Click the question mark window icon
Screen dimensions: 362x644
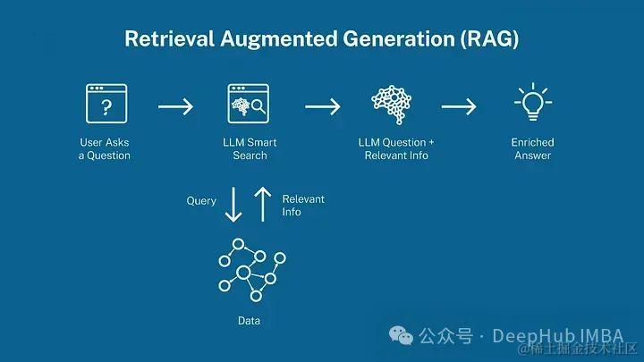pyautogui.click(x=106, y=105)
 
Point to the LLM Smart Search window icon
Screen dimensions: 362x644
pyautogui.click(x=249, y=105)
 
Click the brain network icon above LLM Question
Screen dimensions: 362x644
pyautogui.click(x=395, y=105)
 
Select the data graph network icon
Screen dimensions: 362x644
pyautogui.click(x=251, y=270)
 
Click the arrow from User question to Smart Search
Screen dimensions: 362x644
pyautogui.click(x=175, y=107)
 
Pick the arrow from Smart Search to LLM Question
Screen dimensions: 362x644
pyautogui.click(x=322, y=107)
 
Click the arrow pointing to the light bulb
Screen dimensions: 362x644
pyautogui.click(x=459, y=107)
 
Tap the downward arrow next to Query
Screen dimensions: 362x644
pyautogui.click(x=233, y=204)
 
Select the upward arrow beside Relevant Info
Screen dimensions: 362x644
pyautogui.click(x=262, y=204)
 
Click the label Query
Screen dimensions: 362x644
pyautogui.click(x=201, y=201)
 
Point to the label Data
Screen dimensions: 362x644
pyautogui.click(x=250, y=320)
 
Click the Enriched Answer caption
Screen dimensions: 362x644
pyautogui.click(x=532, y=148)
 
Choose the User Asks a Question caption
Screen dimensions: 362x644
pyautogui.click(x=104, y=148)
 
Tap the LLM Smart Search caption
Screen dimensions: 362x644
pyautogui.click(x=250, y=148)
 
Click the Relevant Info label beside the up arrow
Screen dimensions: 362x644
pyautogui.click(x=303, y=206)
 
